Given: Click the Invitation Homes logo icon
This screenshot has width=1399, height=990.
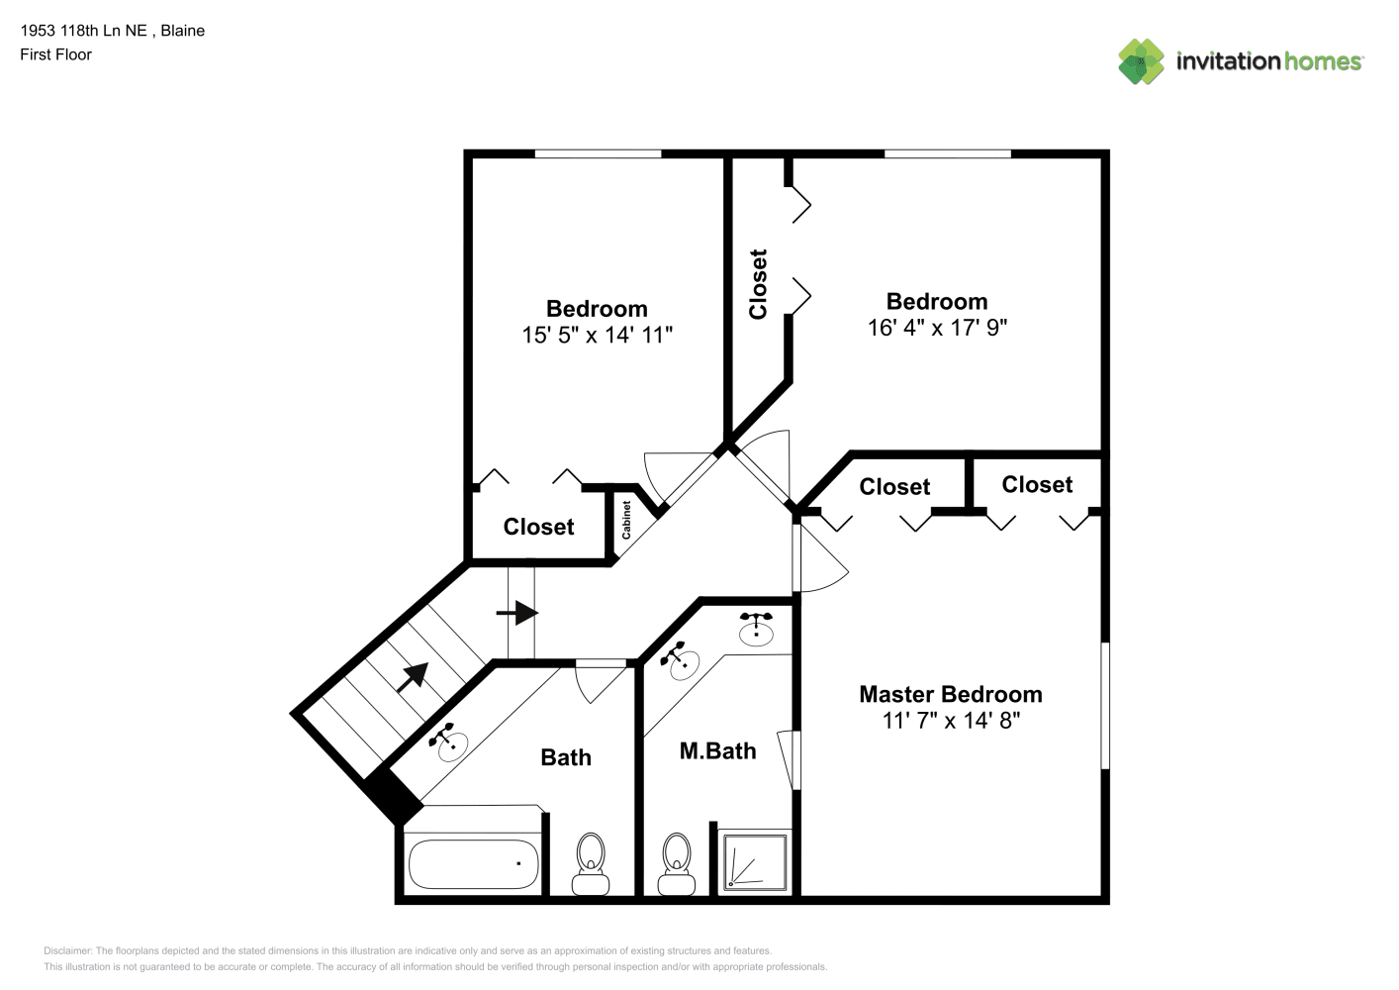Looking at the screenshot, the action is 1141,61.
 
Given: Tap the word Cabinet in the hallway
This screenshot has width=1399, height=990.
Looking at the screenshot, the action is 626,520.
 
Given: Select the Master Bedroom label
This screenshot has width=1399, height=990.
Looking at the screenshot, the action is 951,694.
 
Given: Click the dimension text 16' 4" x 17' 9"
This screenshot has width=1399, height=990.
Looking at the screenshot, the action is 937,328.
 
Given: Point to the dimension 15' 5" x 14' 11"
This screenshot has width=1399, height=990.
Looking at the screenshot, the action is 597,335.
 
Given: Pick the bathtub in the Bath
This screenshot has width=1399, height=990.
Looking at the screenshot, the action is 473,863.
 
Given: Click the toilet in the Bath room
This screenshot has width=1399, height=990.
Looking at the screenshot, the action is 591,864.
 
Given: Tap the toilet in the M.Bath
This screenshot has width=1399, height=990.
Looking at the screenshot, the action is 677,864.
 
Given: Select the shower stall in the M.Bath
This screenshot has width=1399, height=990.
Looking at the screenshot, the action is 755,862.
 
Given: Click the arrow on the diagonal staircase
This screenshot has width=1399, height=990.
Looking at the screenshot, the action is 413,676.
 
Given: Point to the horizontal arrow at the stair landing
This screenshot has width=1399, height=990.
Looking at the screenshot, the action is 517,613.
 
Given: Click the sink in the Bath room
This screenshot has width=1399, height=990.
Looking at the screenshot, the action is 448,742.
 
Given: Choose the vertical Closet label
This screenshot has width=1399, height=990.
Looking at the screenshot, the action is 758,284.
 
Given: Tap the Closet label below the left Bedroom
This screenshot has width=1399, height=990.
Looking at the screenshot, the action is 538,527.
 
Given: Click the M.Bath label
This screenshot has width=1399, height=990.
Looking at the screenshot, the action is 717,750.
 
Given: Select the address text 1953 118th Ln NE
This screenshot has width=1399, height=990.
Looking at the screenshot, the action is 84,31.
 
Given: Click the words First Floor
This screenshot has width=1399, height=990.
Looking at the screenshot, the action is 55,54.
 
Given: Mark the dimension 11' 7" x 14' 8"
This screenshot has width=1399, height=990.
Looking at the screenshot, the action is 951,721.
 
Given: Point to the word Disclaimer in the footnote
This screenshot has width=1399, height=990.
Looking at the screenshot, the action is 67,950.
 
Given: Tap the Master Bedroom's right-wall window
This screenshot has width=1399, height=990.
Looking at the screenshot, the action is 1105,705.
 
